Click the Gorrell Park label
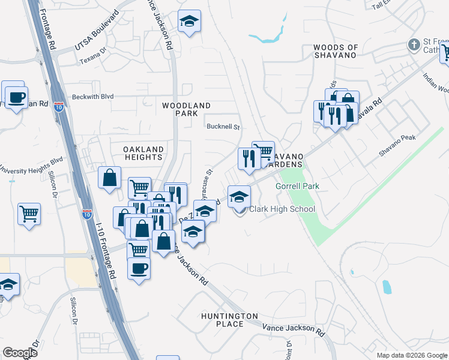pos(297,187)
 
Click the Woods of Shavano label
pos(336,51)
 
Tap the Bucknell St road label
pos(223,127)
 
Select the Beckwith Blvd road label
pos(92,96)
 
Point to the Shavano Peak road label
pos(397,145)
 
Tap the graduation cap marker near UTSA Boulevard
pos(190,22)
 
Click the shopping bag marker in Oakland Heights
pos(109,178)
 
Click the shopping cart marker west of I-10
pos(29,213)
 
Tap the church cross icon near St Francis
pos(413,44)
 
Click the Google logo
pos(20,353)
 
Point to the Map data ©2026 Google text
pos(411,355)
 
